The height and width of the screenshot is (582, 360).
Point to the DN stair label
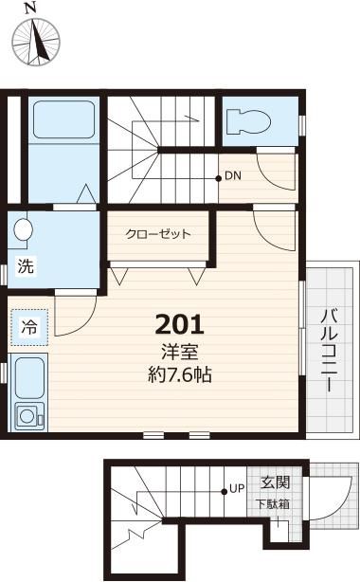point(234,176)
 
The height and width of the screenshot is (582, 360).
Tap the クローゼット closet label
point(159,234)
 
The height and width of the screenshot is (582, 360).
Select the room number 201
point(180,324)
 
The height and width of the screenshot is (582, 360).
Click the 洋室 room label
point(180,351)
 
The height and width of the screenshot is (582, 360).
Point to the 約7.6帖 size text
point(180,373)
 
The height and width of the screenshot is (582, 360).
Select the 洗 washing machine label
point(27,266)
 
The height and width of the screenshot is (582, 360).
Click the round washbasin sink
point(25,230)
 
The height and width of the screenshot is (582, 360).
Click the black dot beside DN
point(219,177)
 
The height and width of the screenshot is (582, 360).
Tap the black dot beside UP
point(225,490)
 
